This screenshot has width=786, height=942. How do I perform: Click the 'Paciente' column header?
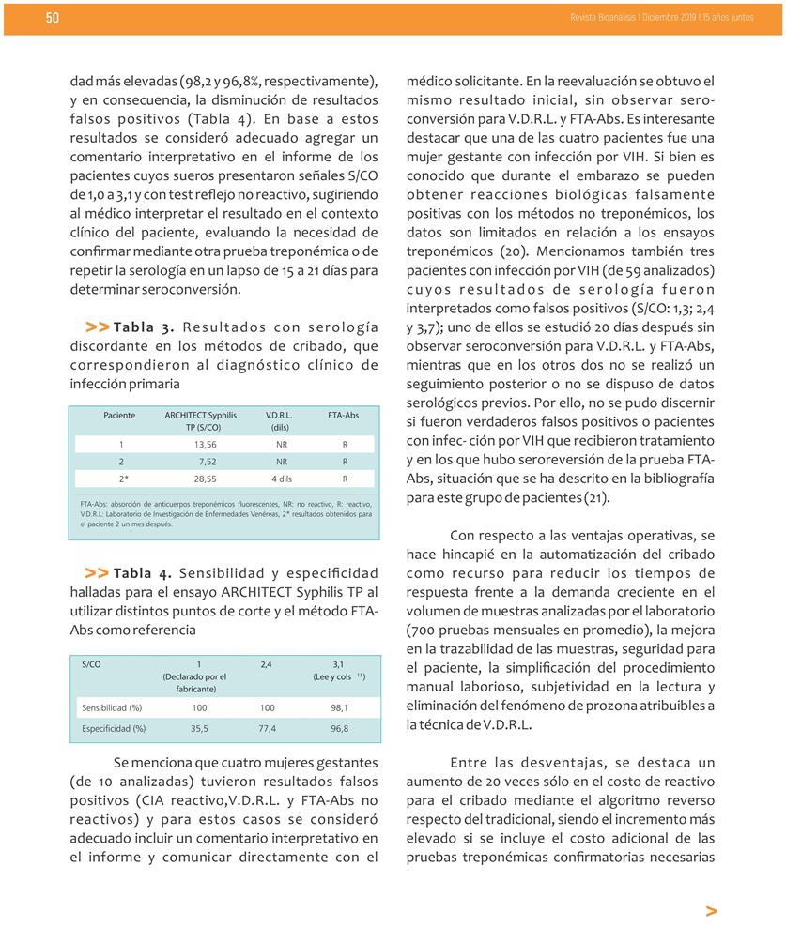(x=119, y=414)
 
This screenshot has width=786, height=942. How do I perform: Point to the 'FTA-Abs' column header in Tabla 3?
(x=344, y=414)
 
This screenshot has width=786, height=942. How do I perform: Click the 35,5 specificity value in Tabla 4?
(x=199, y=727)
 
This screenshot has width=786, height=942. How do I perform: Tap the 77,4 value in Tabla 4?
(x=267, y=727)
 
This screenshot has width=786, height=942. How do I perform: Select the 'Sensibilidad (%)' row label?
(x=112, y=707)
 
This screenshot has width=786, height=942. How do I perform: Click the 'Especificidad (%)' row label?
(x=114, y=727)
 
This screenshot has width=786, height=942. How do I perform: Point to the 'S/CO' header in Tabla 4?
(x=91, y=663)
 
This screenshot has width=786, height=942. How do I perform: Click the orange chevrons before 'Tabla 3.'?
(x=97, y=327)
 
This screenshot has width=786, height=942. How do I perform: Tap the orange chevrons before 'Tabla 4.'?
(x=97, y=572)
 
